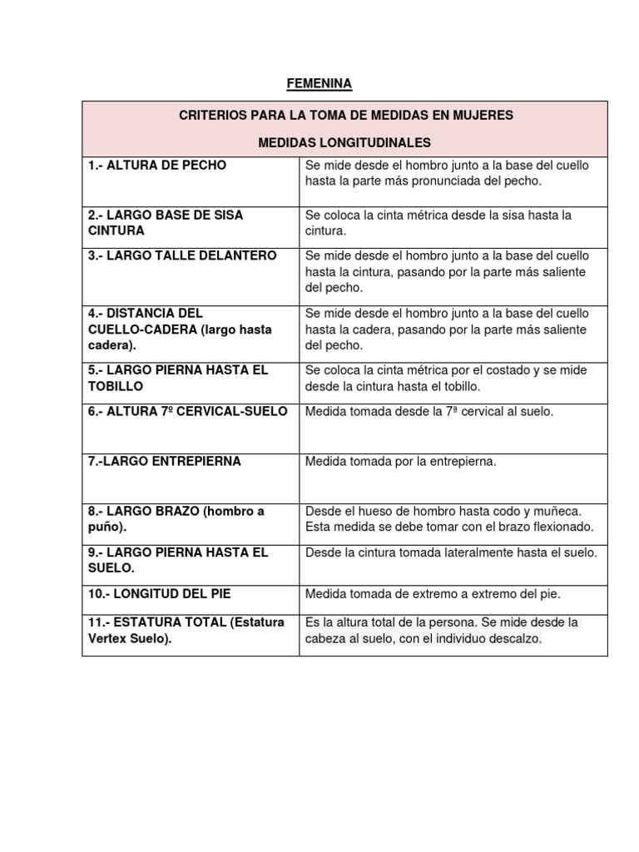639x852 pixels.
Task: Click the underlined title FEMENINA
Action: tap(319, 83)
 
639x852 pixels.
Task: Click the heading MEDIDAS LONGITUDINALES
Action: tap(344, 142)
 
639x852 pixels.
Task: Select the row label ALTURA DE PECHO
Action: tap(157, 165)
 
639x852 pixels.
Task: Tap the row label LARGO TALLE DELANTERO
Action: tap(182, 255)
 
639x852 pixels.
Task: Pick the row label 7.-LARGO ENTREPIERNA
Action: tap(165, 461)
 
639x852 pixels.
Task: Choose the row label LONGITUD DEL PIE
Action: tap(160, 593)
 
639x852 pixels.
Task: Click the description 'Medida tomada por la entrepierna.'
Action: tap(401, 461)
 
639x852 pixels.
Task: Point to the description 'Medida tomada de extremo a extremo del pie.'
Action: tap(433, 593)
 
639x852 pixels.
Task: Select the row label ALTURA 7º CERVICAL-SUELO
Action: tap(188, 411)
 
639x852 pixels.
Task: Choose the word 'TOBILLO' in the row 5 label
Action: tap(116, 386)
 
